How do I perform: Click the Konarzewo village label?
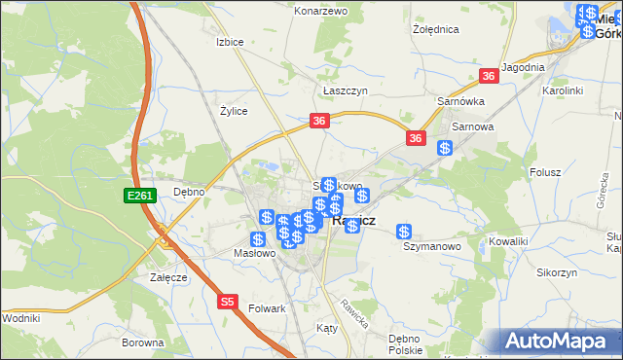320,11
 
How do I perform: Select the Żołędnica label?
435,29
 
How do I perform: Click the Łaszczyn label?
345,90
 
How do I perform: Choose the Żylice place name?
233,111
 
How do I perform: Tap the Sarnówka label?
460,101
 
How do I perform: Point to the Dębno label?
188,192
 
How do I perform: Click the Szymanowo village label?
431,247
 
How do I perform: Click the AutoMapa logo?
560,341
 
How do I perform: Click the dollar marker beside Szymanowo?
404,232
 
